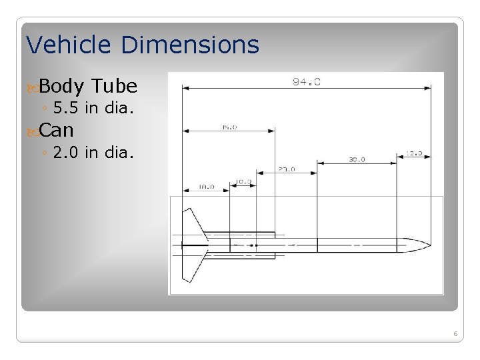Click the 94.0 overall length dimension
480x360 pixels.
(307, 82)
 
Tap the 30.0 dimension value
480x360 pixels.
(357, 159)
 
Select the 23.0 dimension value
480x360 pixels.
(287, 169)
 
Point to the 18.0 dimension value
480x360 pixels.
(206, 187)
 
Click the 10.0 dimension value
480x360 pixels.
(243, 181)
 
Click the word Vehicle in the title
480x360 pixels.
(69, 45)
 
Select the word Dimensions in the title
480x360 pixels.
(190, 45)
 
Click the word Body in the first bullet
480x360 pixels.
(61, 86)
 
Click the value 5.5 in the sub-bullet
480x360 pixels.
(65, 107)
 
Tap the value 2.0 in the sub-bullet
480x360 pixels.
(65, 153)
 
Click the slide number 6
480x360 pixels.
(455, 333)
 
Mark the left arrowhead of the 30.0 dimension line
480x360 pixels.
(319, 163)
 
